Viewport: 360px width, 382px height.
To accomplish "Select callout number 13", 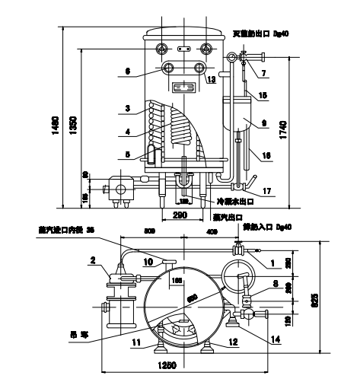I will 211,79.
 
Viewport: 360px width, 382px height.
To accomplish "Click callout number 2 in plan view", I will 92,261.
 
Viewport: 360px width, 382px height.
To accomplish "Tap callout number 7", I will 265,74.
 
